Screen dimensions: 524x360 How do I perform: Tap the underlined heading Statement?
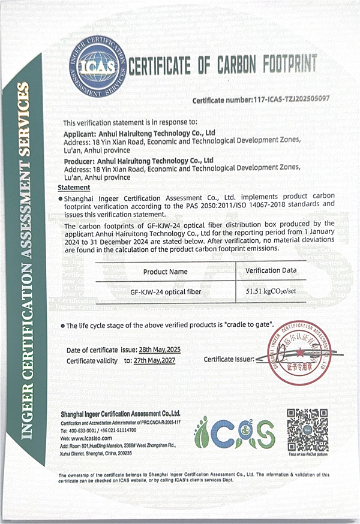[74, 188]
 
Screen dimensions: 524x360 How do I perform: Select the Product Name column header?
[165, 272]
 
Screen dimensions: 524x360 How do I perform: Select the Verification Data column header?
[271, 270]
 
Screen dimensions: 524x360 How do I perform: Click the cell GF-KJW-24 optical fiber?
[165, 292]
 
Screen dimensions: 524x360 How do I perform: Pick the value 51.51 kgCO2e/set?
[271, 292]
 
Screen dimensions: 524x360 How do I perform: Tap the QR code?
[307, 430]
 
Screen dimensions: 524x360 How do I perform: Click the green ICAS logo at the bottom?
[234, 433]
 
